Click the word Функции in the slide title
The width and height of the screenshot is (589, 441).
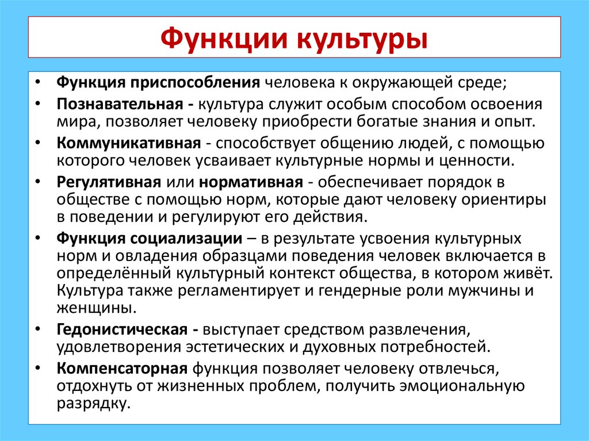[223, 39]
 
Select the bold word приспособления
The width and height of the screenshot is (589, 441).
[195, 82]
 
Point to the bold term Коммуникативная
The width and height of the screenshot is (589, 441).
[128, 143]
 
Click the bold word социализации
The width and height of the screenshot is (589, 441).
[192, 237]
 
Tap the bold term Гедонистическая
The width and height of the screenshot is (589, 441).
[122, 330]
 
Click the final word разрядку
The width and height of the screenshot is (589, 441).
[91, 403]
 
